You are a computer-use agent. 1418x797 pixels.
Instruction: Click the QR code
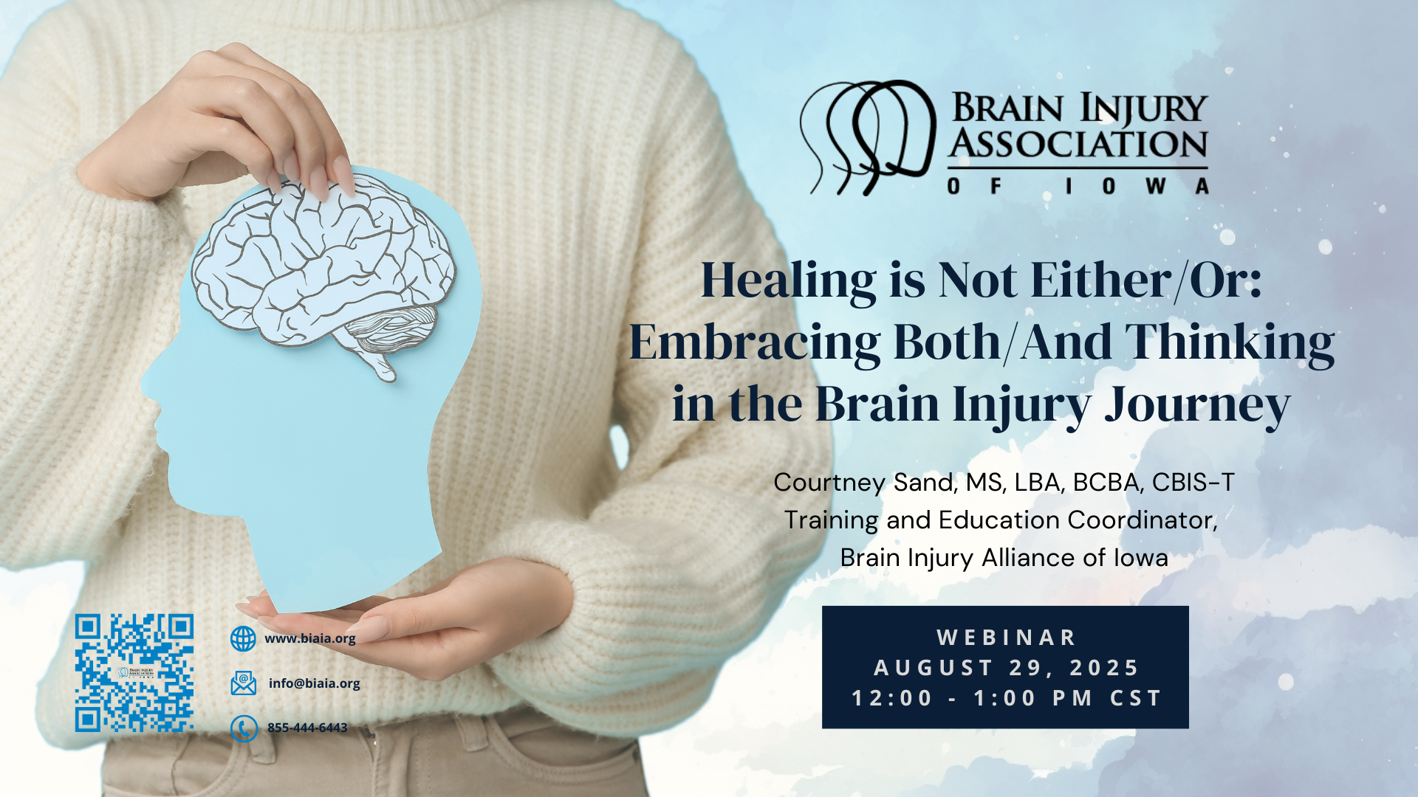pos(134,673)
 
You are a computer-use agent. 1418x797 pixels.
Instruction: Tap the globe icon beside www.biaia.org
pos(243,639)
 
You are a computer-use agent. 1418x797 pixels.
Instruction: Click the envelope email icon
pos(244,683)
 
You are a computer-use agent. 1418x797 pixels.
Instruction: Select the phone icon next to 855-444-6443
pos(244,728)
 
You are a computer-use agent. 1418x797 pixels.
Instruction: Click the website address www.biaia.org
pos(310,638)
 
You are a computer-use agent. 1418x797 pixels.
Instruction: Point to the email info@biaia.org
pos(315,683)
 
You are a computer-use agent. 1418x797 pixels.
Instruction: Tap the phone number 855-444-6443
pos(307,728)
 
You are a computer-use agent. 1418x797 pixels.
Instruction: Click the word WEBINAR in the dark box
pos(1007,637)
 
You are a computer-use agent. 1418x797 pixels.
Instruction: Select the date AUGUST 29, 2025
pos(1007,668)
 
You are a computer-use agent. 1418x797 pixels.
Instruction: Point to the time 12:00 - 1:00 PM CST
pos(1007,698)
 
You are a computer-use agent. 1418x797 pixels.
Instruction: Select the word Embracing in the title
pos(754,343)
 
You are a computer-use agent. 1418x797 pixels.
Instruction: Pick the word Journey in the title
pos(1197,405)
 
